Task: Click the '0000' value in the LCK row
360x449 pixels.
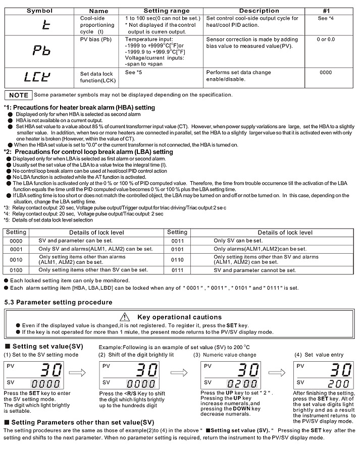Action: (x=326, y=73)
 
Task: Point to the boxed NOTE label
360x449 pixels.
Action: (x=19, y=95)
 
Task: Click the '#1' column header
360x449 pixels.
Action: (x=326, y=11)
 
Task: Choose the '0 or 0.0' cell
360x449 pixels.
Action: (x=326, y=39)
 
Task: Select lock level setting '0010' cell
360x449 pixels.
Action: (x=16, y=259)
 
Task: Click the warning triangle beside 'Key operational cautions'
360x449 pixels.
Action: (x=125, y=317)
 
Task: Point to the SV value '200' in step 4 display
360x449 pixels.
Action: (x=331, y=383)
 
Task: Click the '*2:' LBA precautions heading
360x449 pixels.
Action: (x=88, y=151)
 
